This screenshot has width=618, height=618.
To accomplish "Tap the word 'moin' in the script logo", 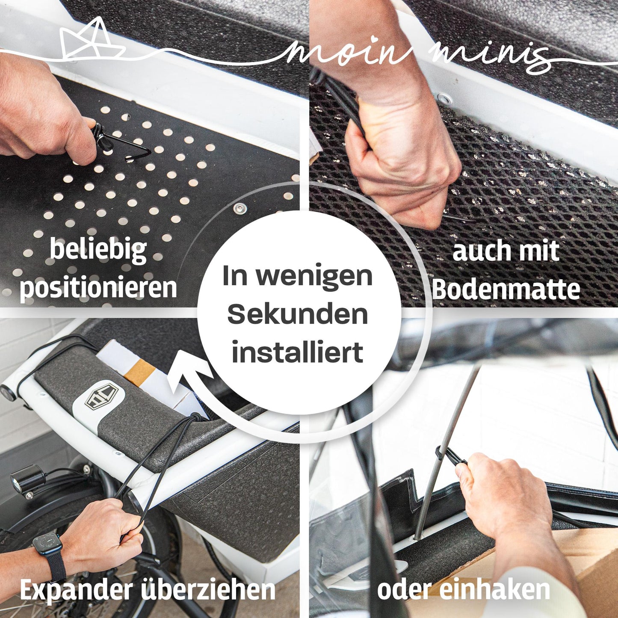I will click(x=349, y=53).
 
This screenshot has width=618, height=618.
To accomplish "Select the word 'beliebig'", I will click(x=98, y=250).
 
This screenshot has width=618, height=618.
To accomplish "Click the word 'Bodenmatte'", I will click(x=506, y=290).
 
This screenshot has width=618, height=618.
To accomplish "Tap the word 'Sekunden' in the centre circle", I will click(x=298, y=315).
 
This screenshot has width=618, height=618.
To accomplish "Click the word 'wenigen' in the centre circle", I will click(x=314, y=277).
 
